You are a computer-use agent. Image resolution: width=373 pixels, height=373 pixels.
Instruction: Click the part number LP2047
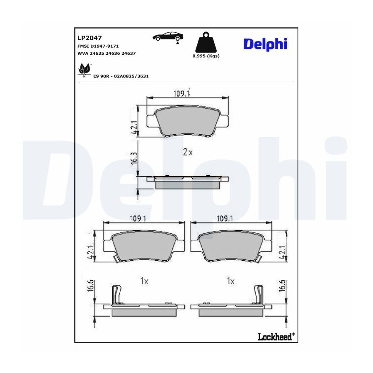click(x=90, y=38)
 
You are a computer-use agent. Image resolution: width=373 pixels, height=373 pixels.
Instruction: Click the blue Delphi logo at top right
click(x=266, y=44)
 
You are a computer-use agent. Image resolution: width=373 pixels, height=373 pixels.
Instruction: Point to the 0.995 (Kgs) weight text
click(x=206, y=56)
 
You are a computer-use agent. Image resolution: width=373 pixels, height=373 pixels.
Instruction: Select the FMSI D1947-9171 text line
click(x=98, y=46)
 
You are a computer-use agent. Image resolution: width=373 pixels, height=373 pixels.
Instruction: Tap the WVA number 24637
click(x=128, y=53)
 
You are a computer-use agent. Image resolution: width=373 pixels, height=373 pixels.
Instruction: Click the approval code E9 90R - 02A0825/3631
click(x=121, y=76)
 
